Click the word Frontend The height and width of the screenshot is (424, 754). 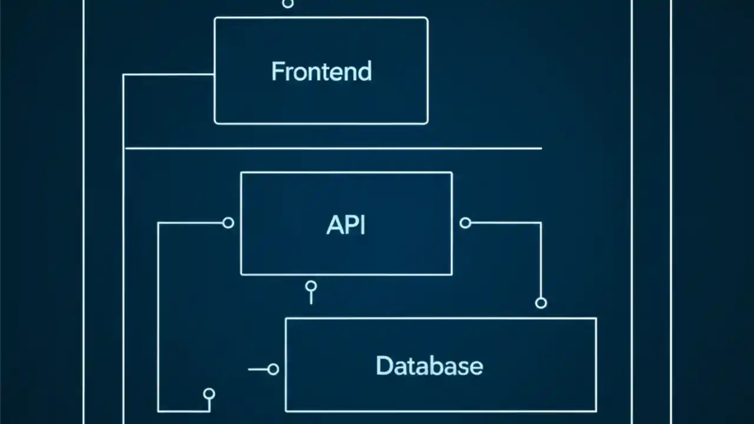pyautogui.click(x=321, y=71)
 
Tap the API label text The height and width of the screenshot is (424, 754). pyautogui.click(x=346, y=225)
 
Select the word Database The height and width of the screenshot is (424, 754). pyautogui.click(x=429, y=366)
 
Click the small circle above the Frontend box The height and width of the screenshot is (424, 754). pyautogui.click(x=287, y=4)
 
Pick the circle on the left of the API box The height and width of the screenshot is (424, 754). pyautogui.click(x=229, y=223)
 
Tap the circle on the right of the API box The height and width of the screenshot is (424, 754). pyautogui.click(x=465, y=223)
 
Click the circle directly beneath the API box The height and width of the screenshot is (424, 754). pyautogui.click(x=311, y=286)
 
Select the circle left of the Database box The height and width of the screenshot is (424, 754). pyautogui.click(x=273, y=369)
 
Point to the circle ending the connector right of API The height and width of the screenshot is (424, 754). pyautogui.click(x=541, y=303)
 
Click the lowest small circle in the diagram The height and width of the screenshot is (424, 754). pyautogui.click(x=209, y=393)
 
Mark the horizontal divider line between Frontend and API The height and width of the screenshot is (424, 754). pyautogui.click(x=333, y=148)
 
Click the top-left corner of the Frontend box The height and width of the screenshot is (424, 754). pyautogui.click(x=216, y=18)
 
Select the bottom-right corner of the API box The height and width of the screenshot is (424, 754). pyautogui.click(x=451, y=274)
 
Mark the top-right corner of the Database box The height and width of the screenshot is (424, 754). pyautogui.click(x=596, y=319)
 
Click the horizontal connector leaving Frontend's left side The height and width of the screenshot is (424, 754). pyautogui.click(x=168, y=75)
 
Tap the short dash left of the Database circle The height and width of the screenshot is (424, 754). pyautogui.click(x=257, y=369)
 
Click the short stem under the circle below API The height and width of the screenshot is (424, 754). pyautogui.click(x=311, y=298)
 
